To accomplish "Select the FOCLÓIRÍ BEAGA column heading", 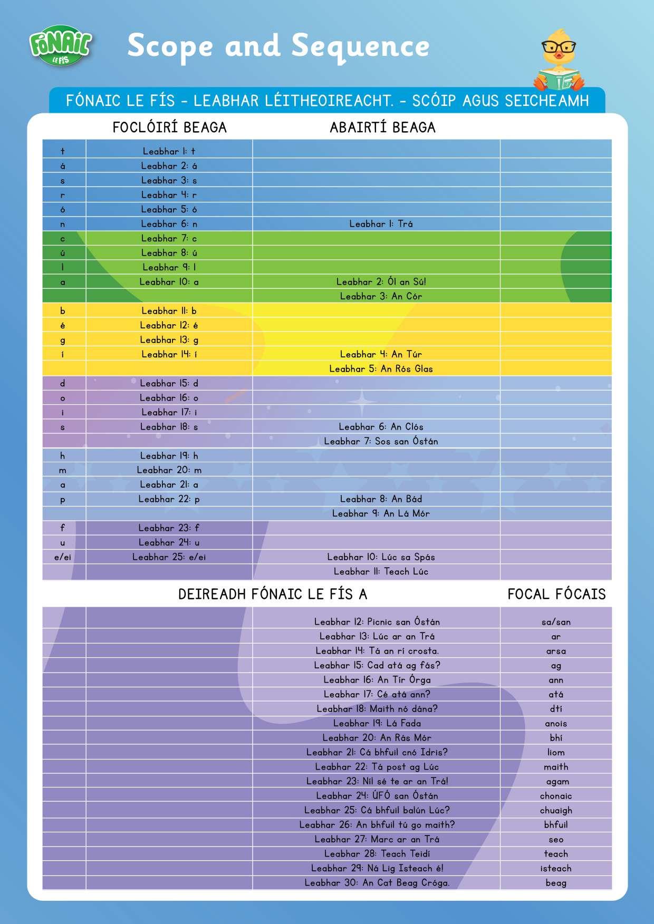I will [x=169, y=128].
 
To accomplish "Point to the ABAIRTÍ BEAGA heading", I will [x=382, y=128].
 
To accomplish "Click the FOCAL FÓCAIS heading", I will [x=556, y=595].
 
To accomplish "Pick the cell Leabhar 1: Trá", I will [x=381, y=224].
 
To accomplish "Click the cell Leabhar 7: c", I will [x=169, y=239].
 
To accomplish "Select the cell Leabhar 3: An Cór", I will [x=381, y=296].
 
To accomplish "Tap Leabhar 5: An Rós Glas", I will [x=381, y=369].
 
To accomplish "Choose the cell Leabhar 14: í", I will [x=169, y=354].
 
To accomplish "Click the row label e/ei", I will [x=63, y=557].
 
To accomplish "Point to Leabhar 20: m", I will [x=169, y=470].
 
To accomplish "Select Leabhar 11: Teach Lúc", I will [x=381, y=571].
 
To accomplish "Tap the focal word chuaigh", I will [x=556, y=810].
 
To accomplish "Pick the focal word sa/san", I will [x=556, y=622].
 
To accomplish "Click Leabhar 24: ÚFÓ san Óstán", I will [x=377, y=796].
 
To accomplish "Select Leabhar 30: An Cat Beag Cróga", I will [x=377, y=883].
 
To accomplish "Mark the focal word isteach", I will [x=556, y=868].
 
